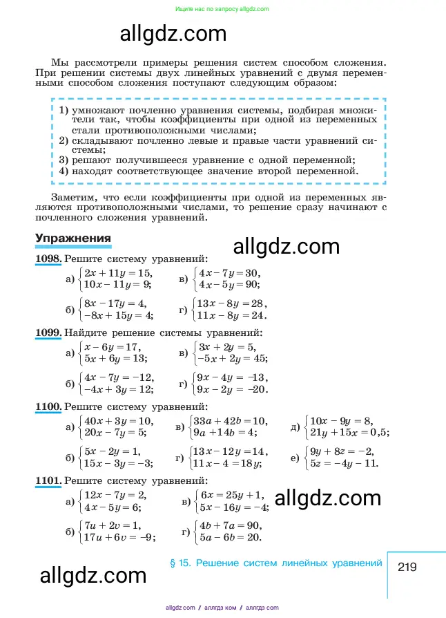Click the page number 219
tap(407, 567)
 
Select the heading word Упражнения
tap(73, 238)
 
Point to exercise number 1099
tap(48, 333)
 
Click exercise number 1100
tap(48, 406)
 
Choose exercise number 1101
tap(48, 480)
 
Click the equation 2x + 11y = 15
tap(117, 273)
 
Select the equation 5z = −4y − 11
tap(345, 462)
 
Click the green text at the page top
tap(222, 9)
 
